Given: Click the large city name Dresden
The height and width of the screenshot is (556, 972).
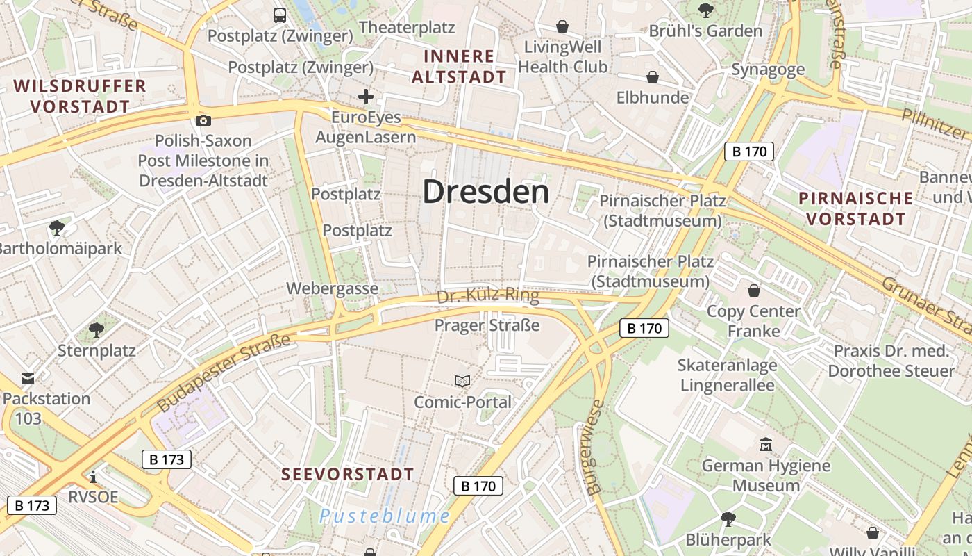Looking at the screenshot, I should (x=485, y=192).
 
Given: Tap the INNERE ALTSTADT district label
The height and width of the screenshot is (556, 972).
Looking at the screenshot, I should (x=459, y=66).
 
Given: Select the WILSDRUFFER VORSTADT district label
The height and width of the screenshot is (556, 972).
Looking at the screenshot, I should (x=80, y=96).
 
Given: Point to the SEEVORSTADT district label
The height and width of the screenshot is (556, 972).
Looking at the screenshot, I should (x=348, y=475).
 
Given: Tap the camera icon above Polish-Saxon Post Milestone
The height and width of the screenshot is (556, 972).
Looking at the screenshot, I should (x=203, y=120).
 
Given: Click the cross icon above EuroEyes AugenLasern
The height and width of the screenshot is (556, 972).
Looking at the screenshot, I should (x=366, y=97).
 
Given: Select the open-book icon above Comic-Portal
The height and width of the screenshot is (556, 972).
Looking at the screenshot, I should (x=462, y=381).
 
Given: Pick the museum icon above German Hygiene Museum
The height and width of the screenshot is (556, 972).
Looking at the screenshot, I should (x=766, y=444).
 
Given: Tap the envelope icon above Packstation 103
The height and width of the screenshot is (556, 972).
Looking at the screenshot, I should (x=28, y=379).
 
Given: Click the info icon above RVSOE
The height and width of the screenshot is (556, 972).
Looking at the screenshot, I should (x=93, y=477).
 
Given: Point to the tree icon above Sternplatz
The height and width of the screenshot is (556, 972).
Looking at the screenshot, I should (x=97, y=330).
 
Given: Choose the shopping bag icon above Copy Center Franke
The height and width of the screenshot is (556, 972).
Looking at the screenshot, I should (x=754, y=291).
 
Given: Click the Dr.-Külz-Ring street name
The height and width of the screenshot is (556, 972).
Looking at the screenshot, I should (x=488, y=297).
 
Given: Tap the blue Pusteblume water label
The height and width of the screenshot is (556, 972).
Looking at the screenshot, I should (x=385, y=516).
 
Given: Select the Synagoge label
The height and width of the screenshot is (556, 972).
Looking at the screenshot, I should (x=768, y=69).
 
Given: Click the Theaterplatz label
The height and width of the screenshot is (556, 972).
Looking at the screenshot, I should (x=407, y=28).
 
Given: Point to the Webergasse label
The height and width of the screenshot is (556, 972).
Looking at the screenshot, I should (x=333, y=288).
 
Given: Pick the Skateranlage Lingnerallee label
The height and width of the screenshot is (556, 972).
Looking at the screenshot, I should (x=727, y=375).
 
